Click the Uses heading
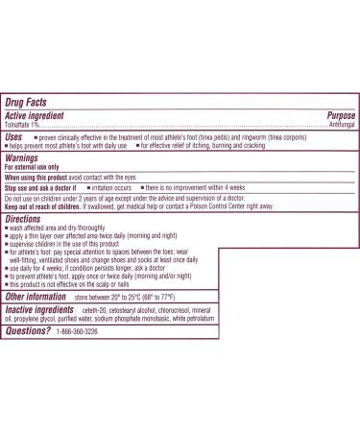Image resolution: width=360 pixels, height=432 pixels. point(15,137)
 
